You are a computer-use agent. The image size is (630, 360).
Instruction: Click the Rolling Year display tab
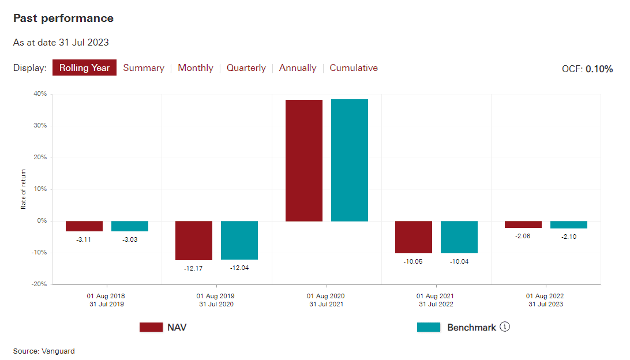[x=85, y=67]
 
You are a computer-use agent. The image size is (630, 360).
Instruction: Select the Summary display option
[x=144, y=67]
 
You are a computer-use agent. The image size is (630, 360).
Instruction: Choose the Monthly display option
[x=196, y=67]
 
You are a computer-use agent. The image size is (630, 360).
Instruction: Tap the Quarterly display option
[x=246, y=67]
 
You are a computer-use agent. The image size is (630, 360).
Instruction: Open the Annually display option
[x=298, y=67]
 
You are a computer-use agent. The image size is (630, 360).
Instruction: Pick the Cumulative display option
[x=354, y=67]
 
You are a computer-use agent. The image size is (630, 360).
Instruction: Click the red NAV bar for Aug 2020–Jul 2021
[x=304, y=160]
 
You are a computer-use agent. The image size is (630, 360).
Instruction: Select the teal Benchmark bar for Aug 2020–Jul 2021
[x=350, y=160]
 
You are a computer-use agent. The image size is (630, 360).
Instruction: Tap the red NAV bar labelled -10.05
[x=414, y=237]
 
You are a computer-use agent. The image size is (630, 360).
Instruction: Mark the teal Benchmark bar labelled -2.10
[x=569, y=224]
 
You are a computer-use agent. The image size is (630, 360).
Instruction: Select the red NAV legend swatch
[x=151, y=327]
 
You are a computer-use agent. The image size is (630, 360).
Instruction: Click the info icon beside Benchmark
[x=505, y=327]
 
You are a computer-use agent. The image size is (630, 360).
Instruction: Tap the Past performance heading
[x=63, y=18]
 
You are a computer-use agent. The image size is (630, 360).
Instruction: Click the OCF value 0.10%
[x=599, y=69]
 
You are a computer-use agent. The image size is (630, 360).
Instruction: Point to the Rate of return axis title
[x=24, y=189]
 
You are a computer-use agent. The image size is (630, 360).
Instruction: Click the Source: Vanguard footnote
[x=44, y=351]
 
